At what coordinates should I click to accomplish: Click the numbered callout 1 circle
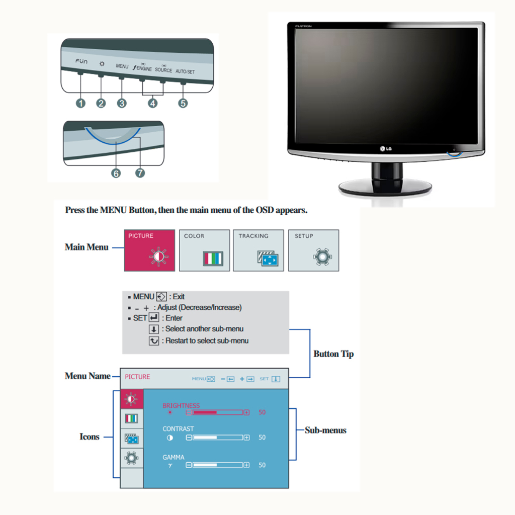(80, 103)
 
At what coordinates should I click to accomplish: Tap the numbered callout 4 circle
(152, 103)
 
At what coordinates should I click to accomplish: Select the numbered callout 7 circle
(140, 173)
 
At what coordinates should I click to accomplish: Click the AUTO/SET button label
(185, 72)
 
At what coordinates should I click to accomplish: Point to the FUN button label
(81, 61)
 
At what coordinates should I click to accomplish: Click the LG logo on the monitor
(385, 148)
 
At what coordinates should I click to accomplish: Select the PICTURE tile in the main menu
(149, 250)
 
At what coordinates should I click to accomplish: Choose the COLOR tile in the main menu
(204, 250)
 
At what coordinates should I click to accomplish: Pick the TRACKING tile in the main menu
(259, 250)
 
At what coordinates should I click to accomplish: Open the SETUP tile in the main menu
(313, 250)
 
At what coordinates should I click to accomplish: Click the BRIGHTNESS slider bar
(218, 412)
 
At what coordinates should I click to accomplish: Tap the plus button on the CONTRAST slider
(246, 438)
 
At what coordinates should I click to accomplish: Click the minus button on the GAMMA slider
(189, 465)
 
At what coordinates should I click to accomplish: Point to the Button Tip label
(333, 354)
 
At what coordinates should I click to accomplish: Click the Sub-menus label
(325, 431)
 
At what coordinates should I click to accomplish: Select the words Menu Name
(88, 376)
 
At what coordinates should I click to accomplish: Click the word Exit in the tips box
(179, 297)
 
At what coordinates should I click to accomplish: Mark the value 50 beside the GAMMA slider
(262, 465)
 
